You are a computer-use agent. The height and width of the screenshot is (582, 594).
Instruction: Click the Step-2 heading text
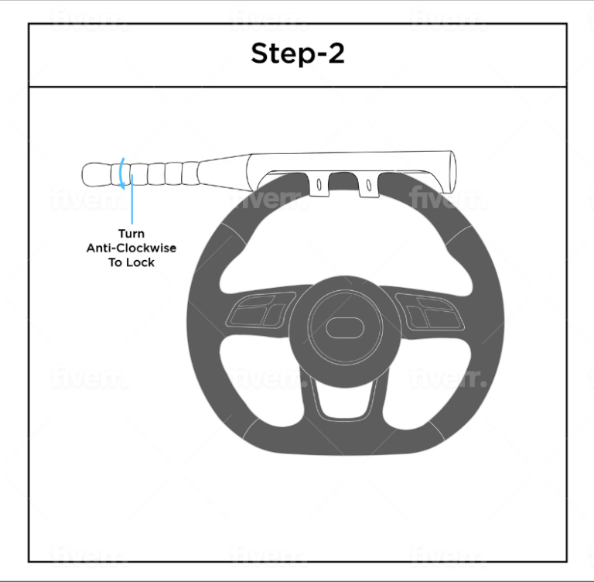(298, 53)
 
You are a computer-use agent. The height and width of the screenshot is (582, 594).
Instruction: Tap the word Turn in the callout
(131, 234)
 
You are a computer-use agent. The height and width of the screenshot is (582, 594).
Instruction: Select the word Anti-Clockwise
(131, 248)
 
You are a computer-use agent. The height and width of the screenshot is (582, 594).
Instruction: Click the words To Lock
(131, 262)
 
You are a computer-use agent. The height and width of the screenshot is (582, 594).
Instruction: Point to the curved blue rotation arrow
(121, 173)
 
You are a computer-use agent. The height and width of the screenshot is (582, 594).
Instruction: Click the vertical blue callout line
(131, 199)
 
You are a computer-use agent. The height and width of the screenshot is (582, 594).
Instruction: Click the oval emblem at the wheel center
(345, 327)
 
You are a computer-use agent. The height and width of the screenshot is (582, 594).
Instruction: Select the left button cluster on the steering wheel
(261, 311)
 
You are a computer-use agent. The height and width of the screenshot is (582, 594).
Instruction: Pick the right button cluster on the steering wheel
(429, 312)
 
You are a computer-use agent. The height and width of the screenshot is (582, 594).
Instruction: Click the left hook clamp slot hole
(319, 185)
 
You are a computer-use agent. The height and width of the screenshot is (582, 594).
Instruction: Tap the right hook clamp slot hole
(369, 185)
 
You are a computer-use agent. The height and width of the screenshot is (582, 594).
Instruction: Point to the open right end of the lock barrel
(452, 172)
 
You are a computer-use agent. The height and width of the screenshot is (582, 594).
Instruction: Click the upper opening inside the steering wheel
(346, 243)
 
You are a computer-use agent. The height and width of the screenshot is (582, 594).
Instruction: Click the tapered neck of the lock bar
(224, 173)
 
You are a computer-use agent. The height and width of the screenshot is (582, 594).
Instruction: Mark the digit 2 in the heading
(336, 53)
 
